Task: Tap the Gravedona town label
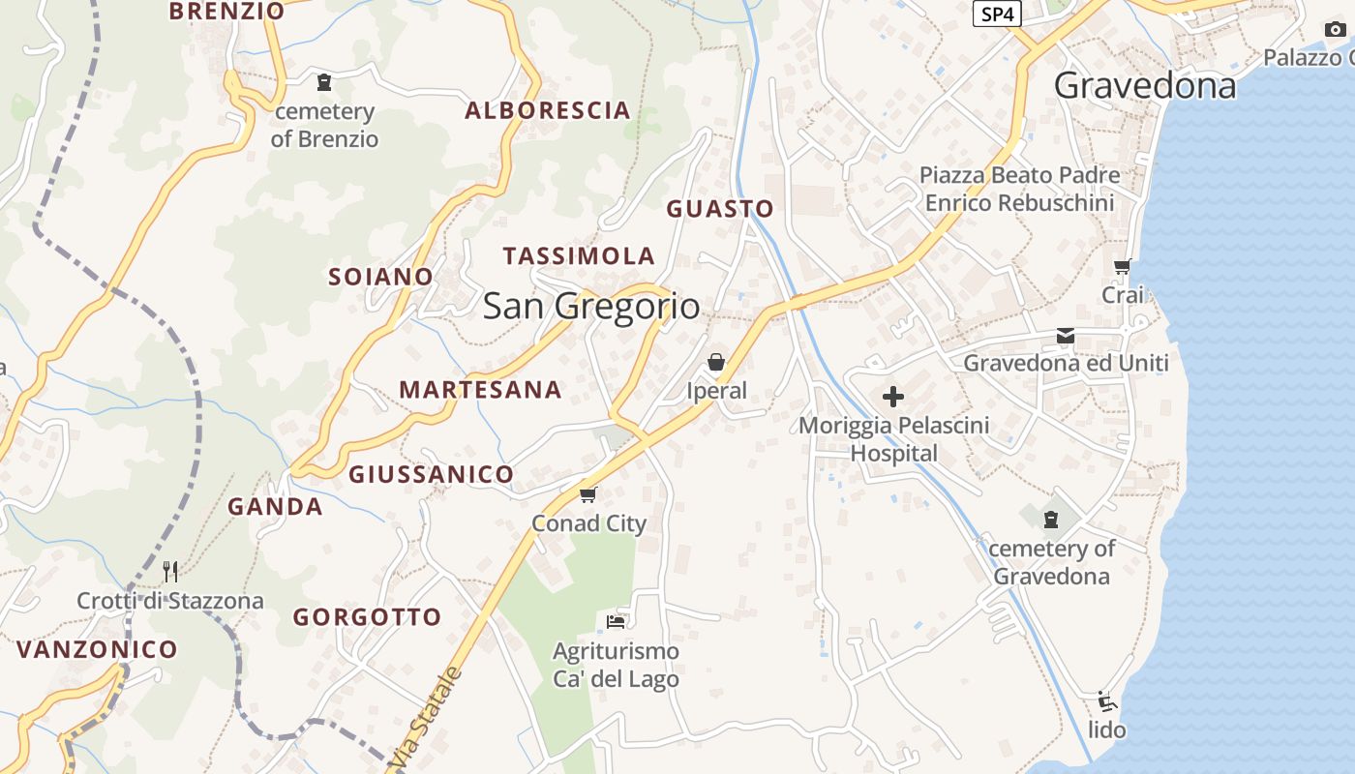(1144, 86)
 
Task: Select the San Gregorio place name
(590, 306)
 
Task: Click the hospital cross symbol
(893, 397)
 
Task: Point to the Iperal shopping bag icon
(716, 362)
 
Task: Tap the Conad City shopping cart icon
(587, 495)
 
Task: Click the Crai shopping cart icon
(1123, 266)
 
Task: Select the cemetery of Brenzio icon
(324, 82)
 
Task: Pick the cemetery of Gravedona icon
(1051, 520)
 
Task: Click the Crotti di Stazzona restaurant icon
(170, 571)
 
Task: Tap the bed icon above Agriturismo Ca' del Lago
(616, 621)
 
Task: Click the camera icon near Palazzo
(1336, 29)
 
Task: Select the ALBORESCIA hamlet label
(548, 110)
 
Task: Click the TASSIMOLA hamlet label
(579, 256)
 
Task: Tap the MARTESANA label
(480, 390)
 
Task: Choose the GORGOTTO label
(367, 617)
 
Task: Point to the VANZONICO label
(97, 649)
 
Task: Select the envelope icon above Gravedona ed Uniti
(1066, 336)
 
